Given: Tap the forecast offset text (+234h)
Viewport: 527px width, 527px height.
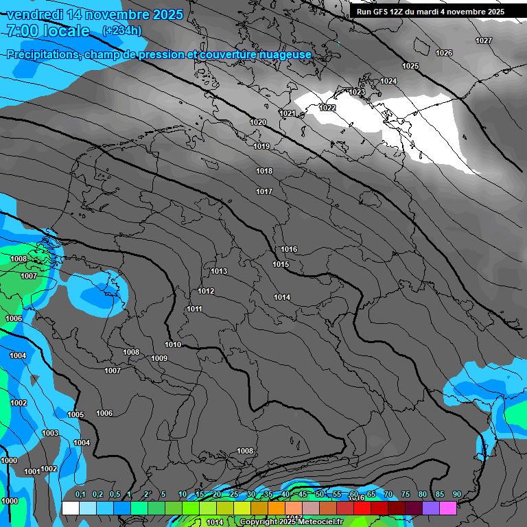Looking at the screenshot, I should click(x=121, y=30).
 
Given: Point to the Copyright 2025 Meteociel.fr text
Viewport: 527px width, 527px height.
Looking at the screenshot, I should click(x=283, y=522).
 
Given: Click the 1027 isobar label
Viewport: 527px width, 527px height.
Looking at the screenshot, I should click(x=484, y=40).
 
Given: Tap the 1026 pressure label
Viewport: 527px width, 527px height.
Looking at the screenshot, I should click(x=444, y=53).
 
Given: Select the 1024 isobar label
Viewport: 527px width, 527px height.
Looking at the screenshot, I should click(x=388, y=81).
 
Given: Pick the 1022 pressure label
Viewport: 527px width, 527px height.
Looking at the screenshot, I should click(x=327, y=108).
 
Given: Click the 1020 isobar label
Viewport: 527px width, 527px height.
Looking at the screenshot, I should click(x=258, y=122).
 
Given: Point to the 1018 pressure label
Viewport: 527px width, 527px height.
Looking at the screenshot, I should click(x=264, y=171).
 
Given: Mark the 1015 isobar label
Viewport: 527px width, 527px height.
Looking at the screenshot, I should click(x=281, y=264).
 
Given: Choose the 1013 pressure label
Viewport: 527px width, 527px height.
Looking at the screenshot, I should click(x=219, y=271).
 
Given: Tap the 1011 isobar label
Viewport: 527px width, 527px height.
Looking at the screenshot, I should click(x=194, y=309).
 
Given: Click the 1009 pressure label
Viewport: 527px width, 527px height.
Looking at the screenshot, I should click(x=159, y=358).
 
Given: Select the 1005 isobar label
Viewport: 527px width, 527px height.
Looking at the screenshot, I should click(x=75, y=414).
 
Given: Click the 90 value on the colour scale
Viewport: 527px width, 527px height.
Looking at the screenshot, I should click(x=457, y=495).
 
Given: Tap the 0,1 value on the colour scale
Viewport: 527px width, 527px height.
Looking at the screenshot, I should click(x=80, y=495).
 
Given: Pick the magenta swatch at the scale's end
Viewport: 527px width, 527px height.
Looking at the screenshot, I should click(x=448, y=508).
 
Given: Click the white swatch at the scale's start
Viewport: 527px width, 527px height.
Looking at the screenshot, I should click(x=70, y=508).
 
